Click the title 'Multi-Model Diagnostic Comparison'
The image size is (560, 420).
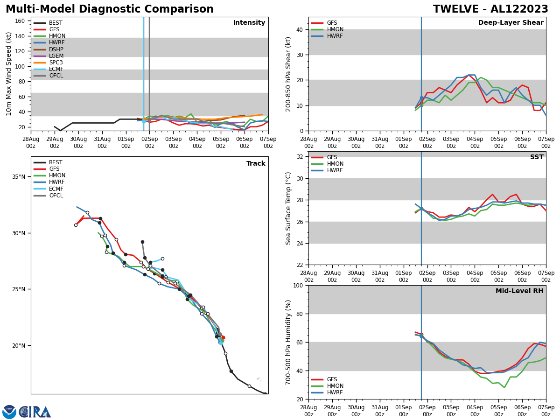(x=110, y=9)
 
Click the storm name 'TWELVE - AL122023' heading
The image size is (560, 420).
(x=490, y=9)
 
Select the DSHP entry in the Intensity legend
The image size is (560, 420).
(x=56, y=49)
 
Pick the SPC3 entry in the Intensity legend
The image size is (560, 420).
(x=56, y=63)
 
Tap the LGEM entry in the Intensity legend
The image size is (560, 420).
(x=56, y=56)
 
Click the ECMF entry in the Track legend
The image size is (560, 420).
(x=56, y=189)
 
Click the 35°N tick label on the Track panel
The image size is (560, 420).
(x=18, y=177)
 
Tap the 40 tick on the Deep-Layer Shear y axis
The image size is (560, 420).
(x=299, y=29)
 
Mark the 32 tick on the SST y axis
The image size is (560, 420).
(x=299, y=157)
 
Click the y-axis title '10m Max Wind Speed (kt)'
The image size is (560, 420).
(x=9, y=74)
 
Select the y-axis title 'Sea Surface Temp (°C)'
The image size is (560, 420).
(x=288, y=208)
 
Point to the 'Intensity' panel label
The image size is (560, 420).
(x=249, y=23)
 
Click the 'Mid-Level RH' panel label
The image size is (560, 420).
(x=519, y=291)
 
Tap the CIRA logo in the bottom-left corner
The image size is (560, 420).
(x=35, y=412)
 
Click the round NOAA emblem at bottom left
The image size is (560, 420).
(x=9, y=412)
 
